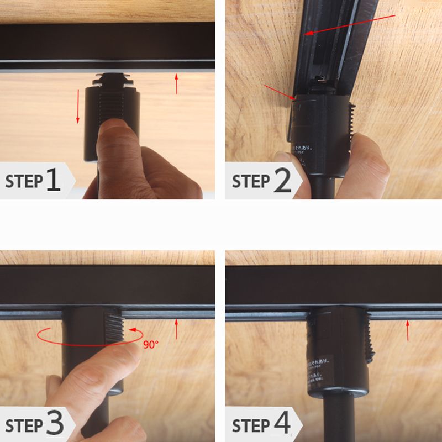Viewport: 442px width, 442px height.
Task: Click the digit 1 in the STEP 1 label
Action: pyautogui.click(x=53, y=180)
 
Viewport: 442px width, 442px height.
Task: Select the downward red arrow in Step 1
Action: pyautogui.click(x=78, y=104)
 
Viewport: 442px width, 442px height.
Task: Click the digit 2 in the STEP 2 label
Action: pyautogui.click(x=282, y=181)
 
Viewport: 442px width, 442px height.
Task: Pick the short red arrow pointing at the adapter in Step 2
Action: pyautogui.click(x=280, y=93)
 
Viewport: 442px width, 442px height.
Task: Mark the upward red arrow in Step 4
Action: pyautogui.click(x=408, y=330)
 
